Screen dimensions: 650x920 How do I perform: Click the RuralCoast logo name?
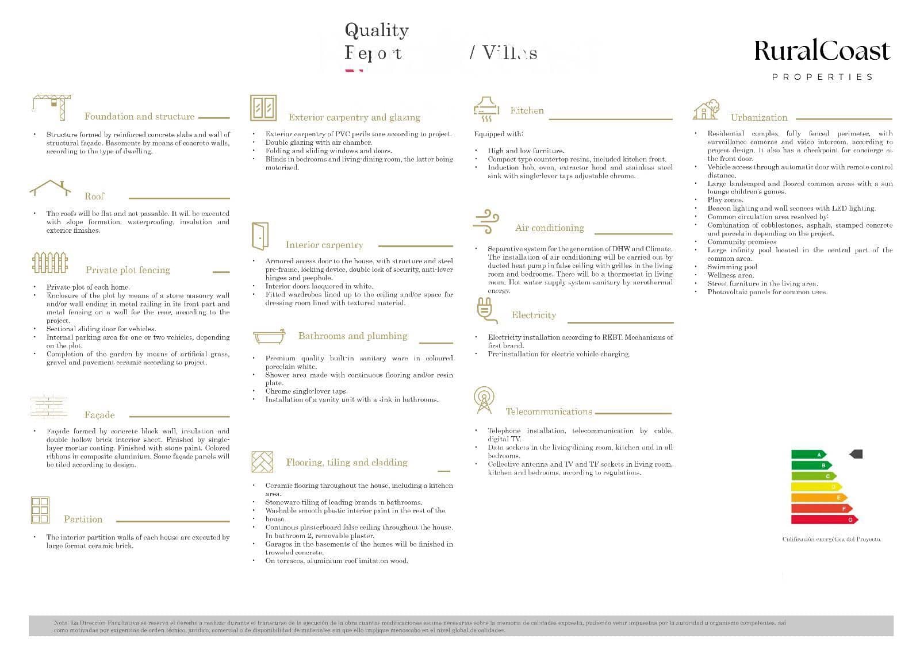[822, 51]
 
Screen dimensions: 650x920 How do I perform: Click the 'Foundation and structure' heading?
[139, 117]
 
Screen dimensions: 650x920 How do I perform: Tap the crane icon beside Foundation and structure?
[52, 107]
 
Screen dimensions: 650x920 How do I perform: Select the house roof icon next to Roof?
[51, 187]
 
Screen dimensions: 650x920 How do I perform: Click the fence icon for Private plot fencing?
[50, 262]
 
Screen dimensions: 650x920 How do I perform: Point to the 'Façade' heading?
[99, 415]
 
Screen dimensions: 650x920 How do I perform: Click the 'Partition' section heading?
[83, 520]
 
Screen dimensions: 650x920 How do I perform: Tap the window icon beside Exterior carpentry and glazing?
[263, 108]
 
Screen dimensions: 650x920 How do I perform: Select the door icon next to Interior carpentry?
[260, 236]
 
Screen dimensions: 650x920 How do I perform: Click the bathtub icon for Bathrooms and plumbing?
[269, 336]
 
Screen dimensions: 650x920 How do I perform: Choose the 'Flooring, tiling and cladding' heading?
[347, 463]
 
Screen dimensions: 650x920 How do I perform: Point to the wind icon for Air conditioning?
[486, 221]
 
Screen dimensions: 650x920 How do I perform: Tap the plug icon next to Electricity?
[484, 310]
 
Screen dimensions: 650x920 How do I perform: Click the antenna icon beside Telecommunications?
[484, 400]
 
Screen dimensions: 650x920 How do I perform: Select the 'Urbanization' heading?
[758, 118]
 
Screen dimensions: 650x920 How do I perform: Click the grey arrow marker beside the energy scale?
[856, 454]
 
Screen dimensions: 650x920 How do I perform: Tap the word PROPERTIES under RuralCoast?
[822, 77]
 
